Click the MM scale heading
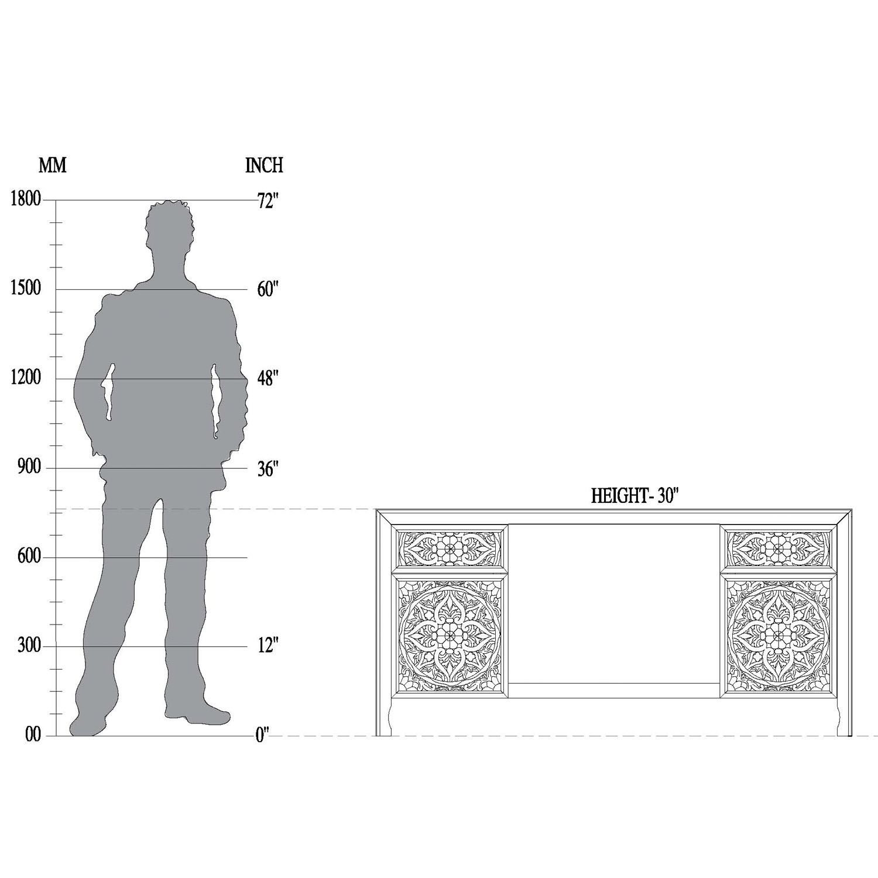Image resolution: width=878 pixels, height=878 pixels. point(52,166)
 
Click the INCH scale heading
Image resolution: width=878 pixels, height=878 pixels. point(264,166)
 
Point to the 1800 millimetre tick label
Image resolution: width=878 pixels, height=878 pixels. point(26,200)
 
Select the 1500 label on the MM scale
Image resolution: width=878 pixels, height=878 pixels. point(26,289)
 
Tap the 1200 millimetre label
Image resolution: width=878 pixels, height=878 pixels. point(26,378)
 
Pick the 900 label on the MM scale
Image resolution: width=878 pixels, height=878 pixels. point(29,468)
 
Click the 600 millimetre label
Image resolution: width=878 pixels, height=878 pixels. point(29,557)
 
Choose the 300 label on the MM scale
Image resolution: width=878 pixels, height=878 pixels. point(29,646)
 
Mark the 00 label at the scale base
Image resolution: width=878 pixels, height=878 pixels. point(33,735)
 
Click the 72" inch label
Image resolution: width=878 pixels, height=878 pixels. point(267,201)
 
